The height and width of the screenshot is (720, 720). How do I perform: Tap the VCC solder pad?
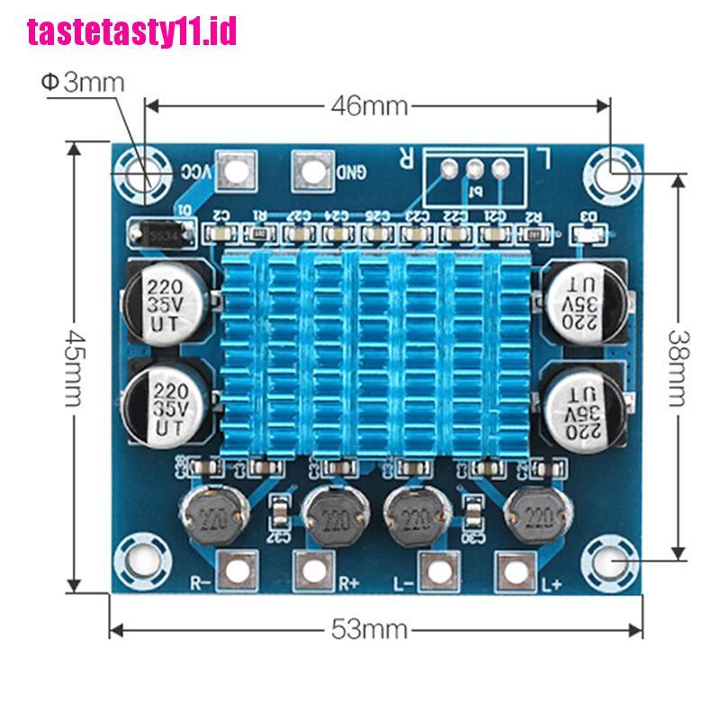pyautogui.click(x=233, y=170)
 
